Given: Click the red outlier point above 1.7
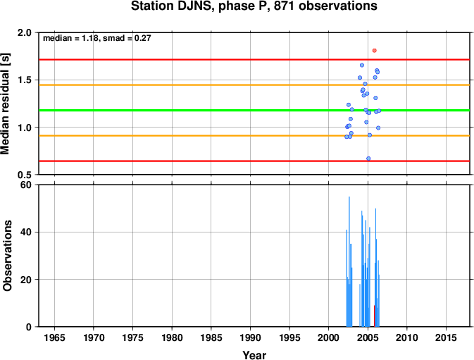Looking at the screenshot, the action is tap(374, 51).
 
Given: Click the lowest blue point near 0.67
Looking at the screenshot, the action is tap(368, 159).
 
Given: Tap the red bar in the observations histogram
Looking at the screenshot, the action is tap(374, 316).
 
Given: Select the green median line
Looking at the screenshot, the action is tap(254, 111).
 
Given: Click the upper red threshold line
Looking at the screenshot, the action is tap(254, 60).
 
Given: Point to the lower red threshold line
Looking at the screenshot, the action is tap(254, 161).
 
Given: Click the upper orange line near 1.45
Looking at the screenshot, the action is tap(254, 85).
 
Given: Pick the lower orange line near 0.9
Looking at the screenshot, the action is tap(254, 136).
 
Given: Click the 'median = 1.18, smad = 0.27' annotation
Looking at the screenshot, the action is tap(96, 38).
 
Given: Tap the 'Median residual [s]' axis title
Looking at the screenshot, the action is tap(5, 104).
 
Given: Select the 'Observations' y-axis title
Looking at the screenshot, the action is tap(7, 256).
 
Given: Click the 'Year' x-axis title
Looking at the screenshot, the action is tap(254, 354).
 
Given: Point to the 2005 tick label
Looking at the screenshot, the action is tap(368, 337).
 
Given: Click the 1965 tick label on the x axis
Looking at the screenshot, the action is tap(54, 337).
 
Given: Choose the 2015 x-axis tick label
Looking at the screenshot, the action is tap(446, 337).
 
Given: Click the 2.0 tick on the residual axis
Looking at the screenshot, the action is tap(25, 32).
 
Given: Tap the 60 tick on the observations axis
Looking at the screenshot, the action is tap(26, 185).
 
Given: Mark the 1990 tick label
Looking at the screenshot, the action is tap(250, 337).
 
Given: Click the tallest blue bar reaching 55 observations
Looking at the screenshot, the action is tap(349, 261).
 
